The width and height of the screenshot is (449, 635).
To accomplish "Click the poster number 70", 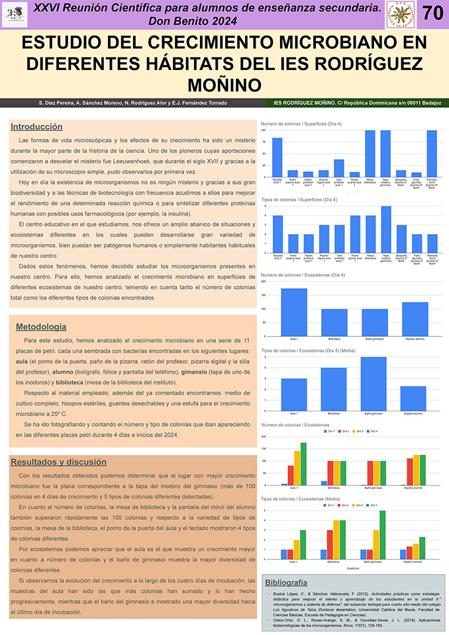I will (432, 13).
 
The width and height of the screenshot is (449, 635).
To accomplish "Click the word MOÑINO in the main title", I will (224, 85).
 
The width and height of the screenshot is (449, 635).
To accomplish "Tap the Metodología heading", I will (41, 326).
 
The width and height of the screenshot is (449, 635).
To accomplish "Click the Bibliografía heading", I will (285, 583).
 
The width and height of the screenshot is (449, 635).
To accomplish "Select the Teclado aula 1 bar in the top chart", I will (277, 157).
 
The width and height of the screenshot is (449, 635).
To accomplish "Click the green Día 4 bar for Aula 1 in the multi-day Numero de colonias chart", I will (303, 464).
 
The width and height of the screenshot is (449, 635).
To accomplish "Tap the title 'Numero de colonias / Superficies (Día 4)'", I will (301, 124).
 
